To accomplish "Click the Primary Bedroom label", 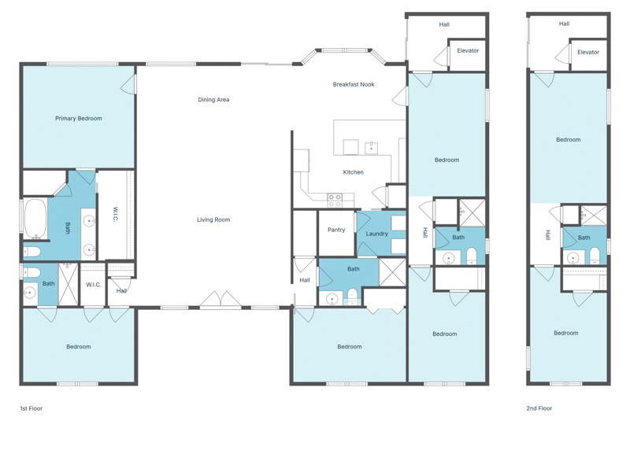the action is coord(78,119).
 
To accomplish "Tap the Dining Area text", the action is coord(213,100).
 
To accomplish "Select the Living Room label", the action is coord(213,219).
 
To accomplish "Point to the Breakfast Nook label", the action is coord(354,84).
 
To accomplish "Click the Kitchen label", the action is coord(353,172).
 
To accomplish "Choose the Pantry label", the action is coord(336,230).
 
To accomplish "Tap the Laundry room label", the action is coord(377,234).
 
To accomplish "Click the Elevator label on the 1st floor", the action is coord(468,50).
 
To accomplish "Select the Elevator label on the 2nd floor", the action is coord(588,52).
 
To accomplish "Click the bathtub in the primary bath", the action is coord(35,219).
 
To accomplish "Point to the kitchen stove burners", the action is coord(334,201).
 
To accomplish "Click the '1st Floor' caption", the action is coord(31,408).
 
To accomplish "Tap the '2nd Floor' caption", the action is coord(539,408).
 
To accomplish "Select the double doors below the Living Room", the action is coord(220,300).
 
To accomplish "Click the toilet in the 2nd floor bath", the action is coord(595,256).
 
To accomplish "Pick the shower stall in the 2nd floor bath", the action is coord(593,216).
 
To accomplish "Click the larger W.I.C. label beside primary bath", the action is coord(115,214).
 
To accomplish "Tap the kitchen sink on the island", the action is coord(371,148).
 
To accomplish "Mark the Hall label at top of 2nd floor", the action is coord(564,24).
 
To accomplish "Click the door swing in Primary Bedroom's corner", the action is coord(128,84).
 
